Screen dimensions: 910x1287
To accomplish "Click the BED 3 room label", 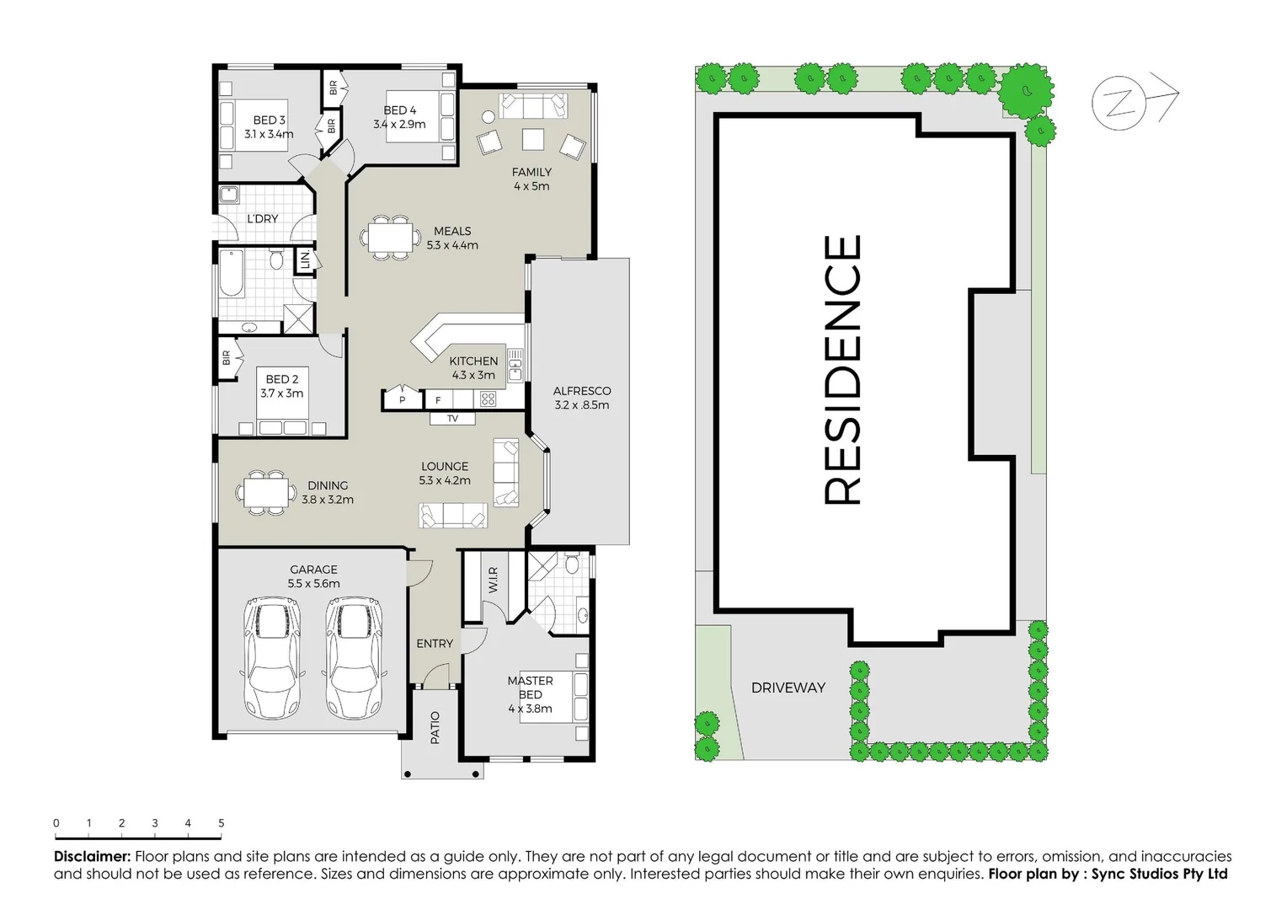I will pyautogui.click(x=269, y=120).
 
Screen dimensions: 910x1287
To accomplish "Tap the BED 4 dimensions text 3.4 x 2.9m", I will pyautogui.click(x=399, y=125).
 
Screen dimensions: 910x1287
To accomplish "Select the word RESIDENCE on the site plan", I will pyautogui.click(x=842, y=370).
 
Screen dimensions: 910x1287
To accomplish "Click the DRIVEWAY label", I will pyautogui.click(x=788, y=688).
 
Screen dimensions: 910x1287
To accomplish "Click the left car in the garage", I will pyautogui.click(x=271, y=657).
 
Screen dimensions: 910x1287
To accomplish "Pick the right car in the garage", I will pyautogui.click(x=354, y=657).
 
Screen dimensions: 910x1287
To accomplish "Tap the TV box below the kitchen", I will pyautogui.click(x=452, y=419).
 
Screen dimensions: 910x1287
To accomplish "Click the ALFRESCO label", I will pyautogui.click(x=581, y=391).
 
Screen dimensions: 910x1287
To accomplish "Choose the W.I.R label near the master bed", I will pyautogui.click(x=494, y=579).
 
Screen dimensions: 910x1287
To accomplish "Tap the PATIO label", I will pyautogui.click(x=435, y=727).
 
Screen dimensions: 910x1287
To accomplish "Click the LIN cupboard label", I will pyautogui.click(x=305, y=260).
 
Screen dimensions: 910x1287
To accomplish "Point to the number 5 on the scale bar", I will pyautogui.click(x=221, y=823).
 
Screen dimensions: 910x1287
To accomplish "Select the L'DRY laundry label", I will pyautogui.click(x=262, y=219).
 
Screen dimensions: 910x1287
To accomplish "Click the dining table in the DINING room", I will pyautogui.click(x=266, y=491).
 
